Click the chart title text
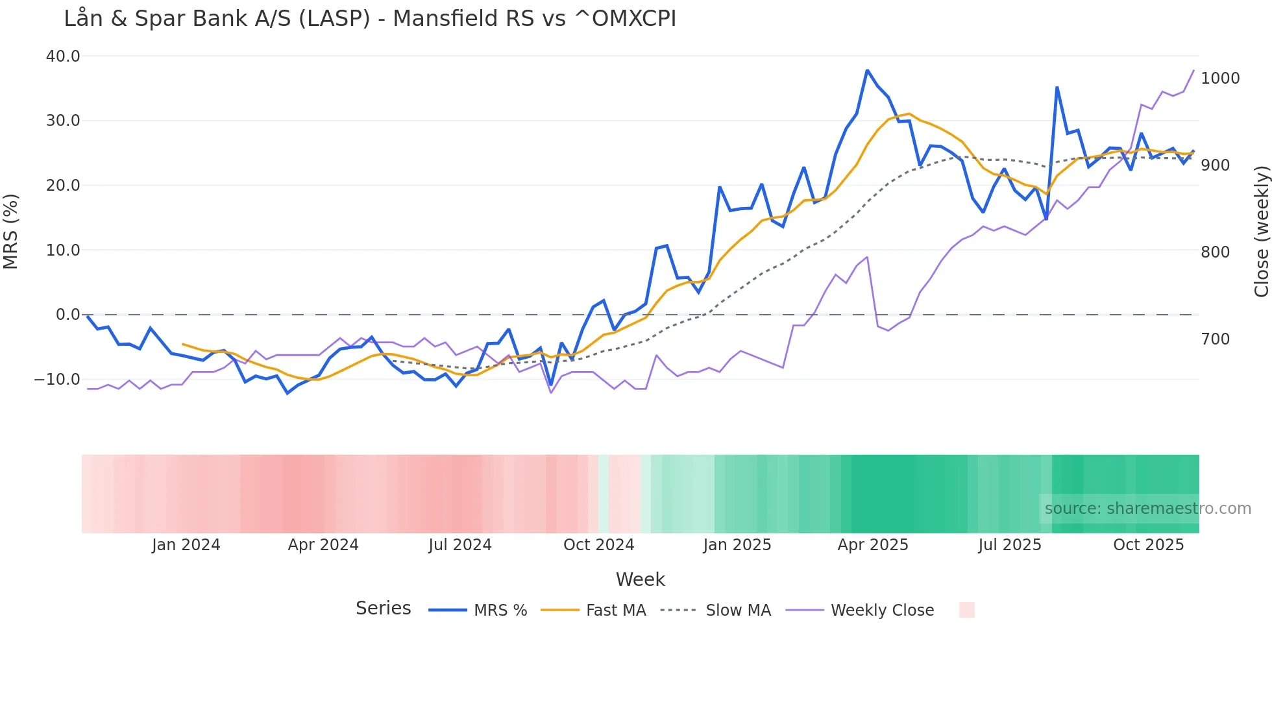coord(370,18)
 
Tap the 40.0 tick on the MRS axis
coord(63,56)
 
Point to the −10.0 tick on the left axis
coord(57,379)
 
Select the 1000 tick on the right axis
coord(1220,79)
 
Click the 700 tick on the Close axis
coord(1215,339)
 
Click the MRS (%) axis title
coord(11,232)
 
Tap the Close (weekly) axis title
coord(1261,232)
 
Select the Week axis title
coord(640,579)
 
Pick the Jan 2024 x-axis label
coord(186,545)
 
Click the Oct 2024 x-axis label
coord(598,545)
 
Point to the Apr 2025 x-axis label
coord(873,545)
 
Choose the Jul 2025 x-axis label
coord(1010,545)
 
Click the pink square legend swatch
coord(967,610)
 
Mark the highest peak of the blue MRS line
coord(867,70)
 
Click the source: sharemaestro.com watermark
coord(1147,509)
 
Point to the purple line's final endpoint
coord(1193,71)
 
